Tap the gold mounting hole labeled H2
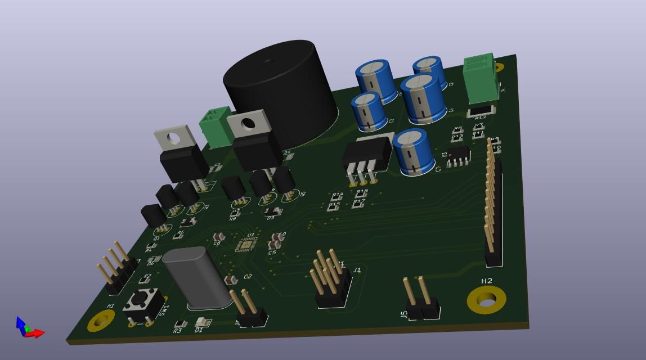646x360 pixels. pos(486,300)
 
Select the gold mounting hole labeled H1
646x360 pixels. pos(101,321)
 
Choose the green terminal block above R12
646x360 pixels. pos(480,79)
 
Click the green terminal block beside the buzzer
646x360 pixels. pos(216,127)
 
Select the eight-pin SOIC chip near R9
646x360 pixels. pos(459,156)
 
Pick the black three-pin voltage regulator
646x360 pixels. pos(367,155)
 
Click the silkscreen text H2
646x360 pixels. pos(487,281)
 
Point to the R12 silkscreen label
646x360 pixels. pos(480,118)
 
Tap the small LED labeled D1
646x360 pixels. pos(201,322)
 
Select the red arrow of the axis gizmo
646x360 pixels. pos(35,334)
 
